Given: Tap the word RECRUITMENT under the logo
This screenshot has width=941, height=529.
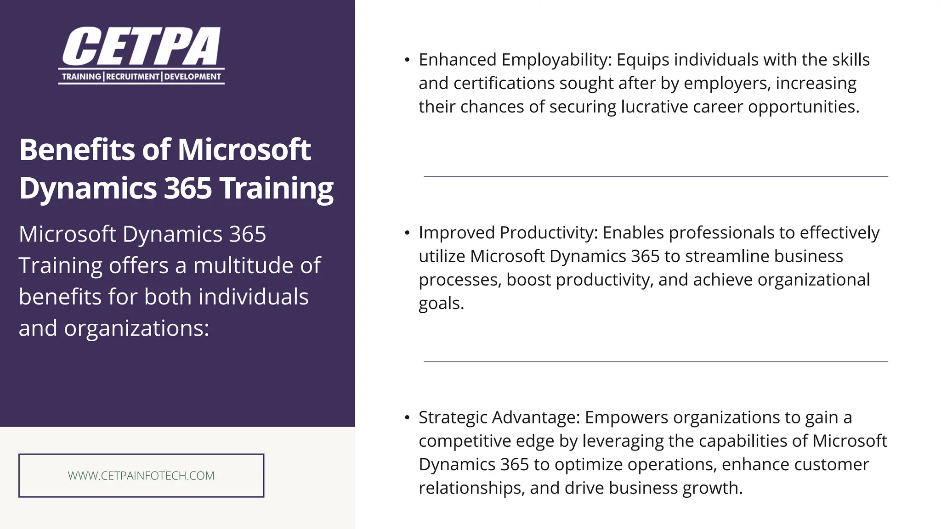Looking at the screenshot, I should tap(133, 77).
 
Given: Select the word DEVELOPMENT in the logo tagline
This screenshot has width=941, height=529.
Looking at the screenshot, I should tap(193, 77).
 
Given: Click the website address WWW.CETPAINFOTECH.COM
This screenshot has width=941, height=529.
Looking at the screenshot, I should tap(141, 476).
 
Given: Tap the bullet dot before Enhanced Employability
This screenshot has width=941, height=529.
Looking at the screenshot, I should tap(407, 60).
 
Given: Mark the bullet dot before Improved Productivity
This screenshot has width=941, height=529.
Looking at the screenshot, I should tap(407, 233).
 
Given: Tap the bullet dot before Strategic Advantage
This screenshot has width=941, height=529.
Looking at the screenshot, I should tap(407, 418).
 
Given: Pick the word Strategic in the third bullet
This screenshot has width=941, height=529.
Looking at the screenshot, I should tap(453, 417).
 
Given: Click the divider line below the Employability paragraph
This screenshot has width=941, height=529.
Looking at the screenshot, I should tap(656, 176).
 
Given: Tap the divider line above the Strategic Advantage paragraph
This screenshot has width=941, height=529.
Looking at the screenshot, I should tap(656, 361).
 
